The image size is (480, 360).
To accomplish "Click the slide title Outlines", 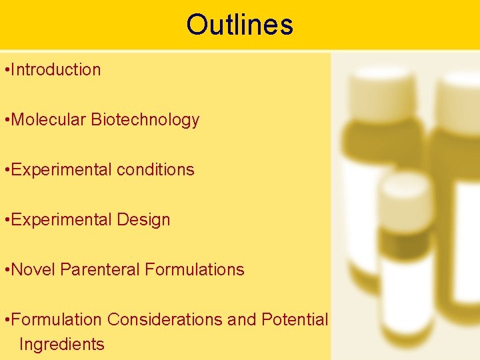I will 239,25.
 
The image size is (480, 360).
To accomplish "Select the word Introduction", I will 56,69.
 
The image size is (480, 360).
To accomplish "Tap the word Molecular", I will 49,120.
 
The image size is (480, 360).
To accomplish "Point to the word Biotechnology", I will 145,120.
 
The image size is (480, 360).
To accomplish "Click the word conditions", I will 155,170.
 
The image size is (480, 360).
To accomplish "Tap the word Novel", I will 34,270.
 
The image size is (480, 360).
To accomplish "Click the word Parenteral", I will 100,270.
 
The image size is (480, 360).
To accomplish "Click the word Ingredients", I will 62,345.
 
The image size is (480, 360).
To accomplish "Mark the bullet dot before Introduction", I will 6,70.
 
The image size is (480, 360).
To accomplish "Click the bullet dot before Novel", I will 6,270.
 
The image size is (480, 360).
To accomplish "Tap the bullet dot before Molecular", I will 6,120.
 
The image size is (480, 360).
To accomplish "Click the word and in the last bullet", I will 241,320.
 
